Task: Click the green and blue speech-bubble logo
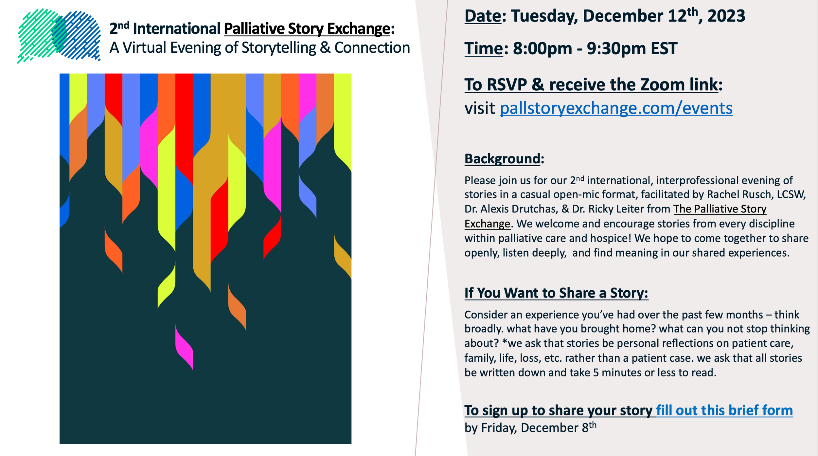click(59, 35)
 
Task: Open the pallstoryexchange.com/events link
click(616, 108)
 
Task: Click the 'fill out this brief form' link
click(724, 410)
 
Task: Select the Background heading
click(502, 159)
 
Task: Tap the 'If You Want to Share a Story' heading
click(556, 293)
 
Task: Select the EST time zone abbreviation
click(664, 49)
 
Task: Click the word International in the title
click(176, 29)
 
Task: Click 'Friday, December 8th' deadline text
click(530, 428)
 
